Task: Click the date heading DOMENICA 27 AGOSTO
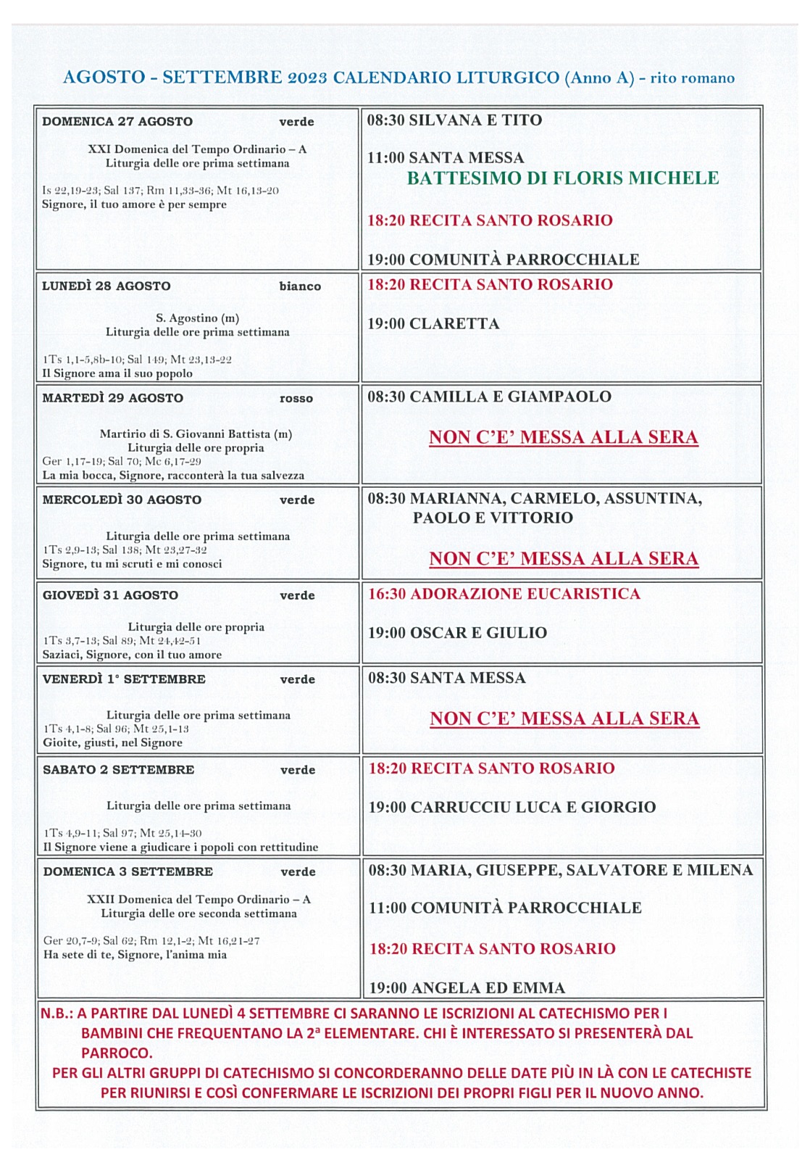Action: (x=117, y=122)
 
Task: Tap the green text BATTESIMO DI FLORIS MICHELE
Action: (x=563, y=178)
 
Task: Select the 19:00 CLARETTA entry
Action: (x=433, y=324)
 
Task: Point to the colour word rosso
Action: (x=296, y=399)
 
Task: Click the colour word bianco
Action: (x=300, y=286)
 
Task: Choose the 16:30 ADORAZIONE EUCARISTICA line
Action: (x=504, y=594)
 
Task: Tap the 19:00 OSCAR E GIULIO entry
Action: (x=457, y=633)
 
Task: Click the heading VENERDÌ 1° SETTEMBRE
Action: (x=124, y=679)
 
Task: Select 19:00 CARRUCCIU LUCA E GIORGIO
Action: (x=512, y=808)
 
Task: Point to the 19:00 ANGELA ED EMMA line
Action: (x=467, y=988)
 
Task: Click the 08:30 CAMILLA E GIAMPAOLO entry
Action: (x=489, y=397)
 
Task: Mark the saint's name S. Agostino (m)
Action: (x=197, y=318)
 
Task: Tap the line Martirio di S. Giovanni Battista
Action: (x=196, y=434)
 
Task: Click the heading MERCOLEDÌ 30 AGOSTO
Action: (x=122, y=500)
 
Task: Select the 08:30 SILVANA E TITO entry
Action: (x=454, y=120)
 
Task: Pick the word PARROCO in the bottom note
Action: (x=117, y=1053)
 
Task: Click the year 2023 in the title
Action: (x=307, y=78)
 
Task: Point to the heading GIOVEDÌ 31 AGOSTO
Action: (x=110, y=595)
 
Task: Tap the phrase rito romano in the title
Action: (x=692, y=78)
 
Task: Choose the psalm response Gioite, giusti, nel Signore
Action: (x=112, y=743)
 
